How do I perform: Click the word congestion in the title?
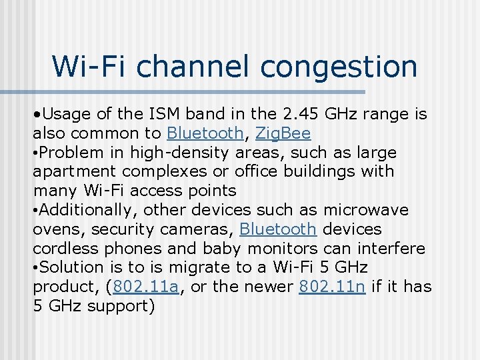point(339,67)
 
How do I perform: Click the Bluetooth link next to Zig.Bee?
point(205,133)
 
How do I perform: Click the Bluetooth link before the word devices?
point(277,229)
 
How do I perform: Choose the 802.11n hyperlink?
point(332,287)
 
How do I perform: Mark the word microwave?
point(365,210)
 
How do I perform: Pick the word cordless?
point(65,249)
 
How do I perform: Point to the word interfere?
point(387,249)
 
